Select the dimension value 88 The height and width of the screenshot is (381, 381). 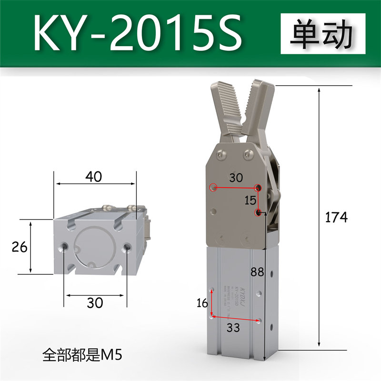(257, 272)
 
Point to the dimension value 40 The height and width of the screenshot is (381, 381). (93, 176)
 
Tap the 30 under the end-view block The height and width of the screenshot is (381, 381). (95, 302)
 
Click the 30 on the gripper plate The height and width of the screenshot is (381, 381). (235, 178)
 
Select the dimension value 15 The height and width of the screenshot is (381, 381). (250, 200)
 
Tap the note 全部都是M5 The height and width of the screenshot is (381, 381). (82, 354)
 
